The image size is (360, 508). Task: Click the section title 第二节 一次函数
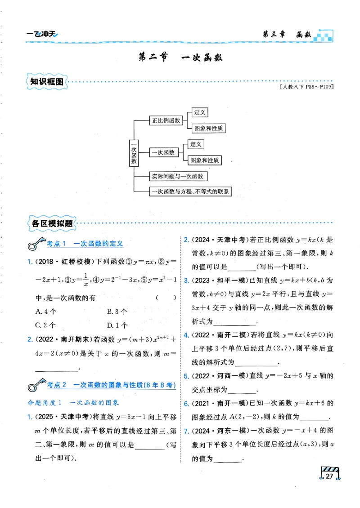pos(180,58)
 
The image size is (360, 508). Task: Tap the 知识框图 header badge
pos(46,82)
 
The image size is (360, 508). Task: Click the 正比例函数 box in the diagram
pos(166,120)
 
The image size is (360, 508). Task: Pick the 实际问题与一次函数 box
pos(178,176)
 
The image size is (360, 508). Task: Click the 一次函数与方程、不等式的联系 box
pos(190,192)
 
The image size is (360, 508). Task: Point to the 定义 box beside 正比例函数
pos(199,112)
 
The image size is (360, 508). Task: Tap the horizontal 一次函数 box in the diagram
pos(163,152)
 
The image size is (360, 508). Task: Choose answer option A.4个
pos(45,311)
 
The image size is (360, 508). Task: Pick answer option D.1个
pos(117,325)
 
